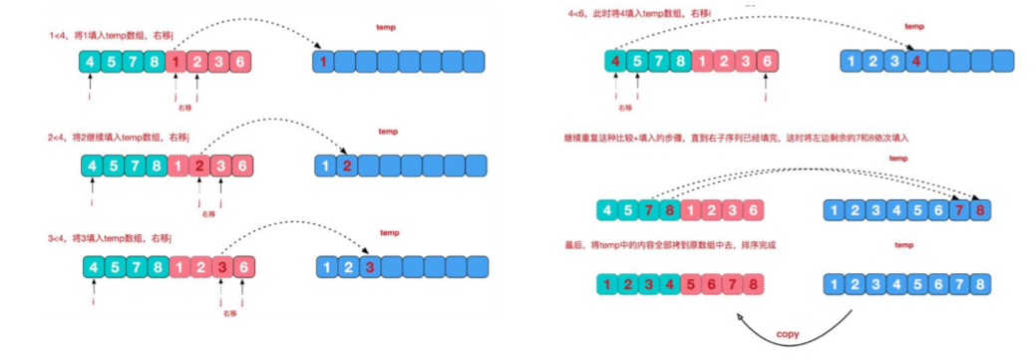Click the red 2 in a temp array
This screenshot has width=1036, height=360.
pyautogui.click(x=346, y=167)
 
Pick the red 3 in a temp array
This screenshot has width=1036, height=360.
pyautogui.click(x=369, y=267)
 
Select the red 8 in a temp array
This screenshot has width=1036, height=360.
pyautogui.click(x=981, y=210)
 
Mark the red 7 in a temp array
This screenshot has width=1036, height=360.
pyautogui.click(x=959, y=210)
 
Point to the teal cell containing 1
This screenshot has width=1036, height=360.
pyautogui.click(x=606, y=282)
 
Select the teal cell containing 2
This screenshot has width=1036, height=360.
pyautogui.click(x=628, y=282)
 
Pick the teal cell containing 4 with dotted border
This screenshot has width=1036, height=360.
pyautogui.click(x=615, y=62)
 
